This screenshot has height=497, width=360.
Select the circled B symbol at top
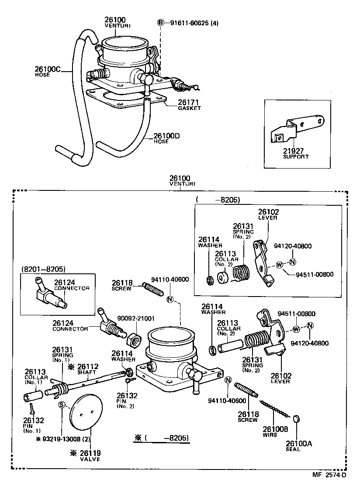(x=161, y=23)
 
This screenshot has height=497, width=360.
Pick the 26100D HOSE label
(x=167, y=138)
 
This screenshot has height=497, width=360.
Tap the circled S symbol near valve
(x=62, y=404)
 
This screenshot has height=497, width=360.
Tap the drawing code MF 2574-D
(x=329, y=475)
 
